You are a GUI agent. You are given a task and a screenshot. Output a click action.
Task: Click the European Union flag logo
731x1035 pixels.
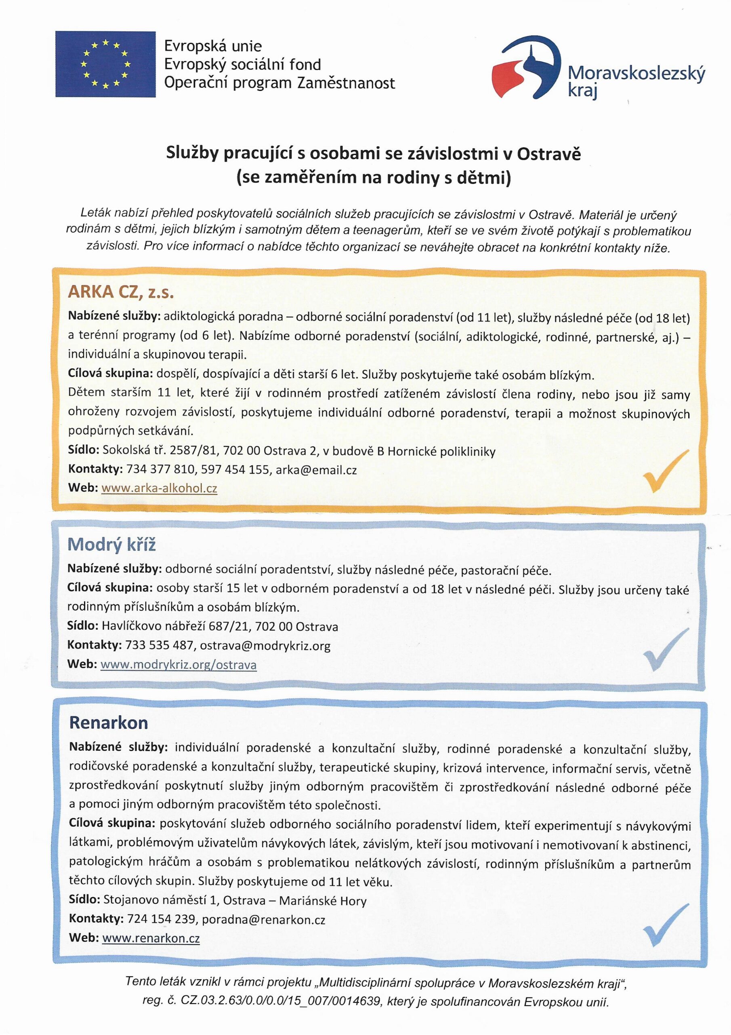click(x=105, y=64)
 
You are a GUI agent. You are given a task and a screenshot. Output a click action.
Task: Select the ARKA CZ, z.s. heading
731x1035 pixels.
click(x=121, y=292)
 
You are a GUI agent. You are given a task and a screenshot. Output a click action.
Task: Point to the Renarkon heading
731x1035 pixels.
click(x=109, y=722)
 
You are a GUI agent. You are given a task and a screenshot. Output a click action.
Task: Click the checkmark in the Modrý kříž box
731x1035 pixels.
click(x=666, y=649)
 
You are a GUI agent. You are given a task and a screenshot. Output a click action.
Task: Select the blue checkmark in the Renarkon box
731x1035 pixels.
click(x=666, y=924)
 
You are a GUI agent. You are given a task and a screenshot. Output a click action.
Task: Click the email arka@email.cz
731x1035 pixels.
click(x=316, y=470)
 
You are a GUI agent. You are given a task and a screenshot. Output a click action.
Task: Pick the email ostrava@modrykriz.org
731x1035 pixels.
click(x=265, y=646)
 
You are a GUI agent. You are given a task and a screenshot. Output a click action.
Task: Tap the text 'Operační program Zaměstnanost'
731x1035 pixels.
click(x=279, y=83)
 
